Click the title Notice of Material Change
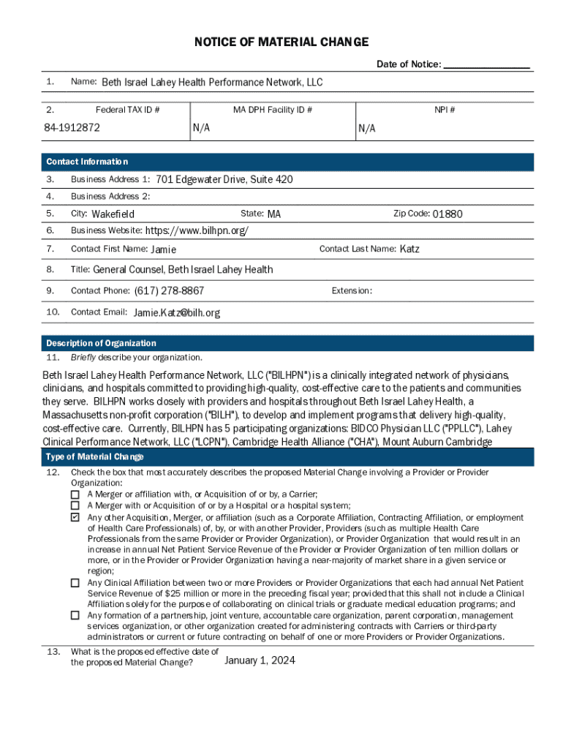[281, 42]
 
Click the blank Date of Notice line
[486, 65]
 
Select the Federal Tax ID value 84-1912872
[72, 128]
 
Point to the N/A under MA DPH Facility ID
[201, 128]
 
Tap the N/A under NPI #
[367, 129]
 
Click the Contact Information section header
[87, 162]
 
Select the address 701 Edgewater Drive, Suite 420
[224, 179]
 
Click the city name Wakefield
[113, 214]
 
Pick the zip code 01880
[447, 214]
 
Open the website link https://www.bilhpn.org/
[197, 231]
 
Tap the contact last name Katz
[409, 249]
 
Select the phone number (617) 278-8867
[169, 291]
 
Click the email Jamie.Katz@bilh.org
[176, 312]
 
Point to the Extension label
[352, 291]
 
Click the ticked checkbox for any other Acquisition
[75, 517]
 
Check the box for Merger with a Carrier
[75, 494]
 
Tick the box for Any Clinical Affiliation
[75, 583]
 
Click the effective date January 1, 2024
[260, 660]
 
